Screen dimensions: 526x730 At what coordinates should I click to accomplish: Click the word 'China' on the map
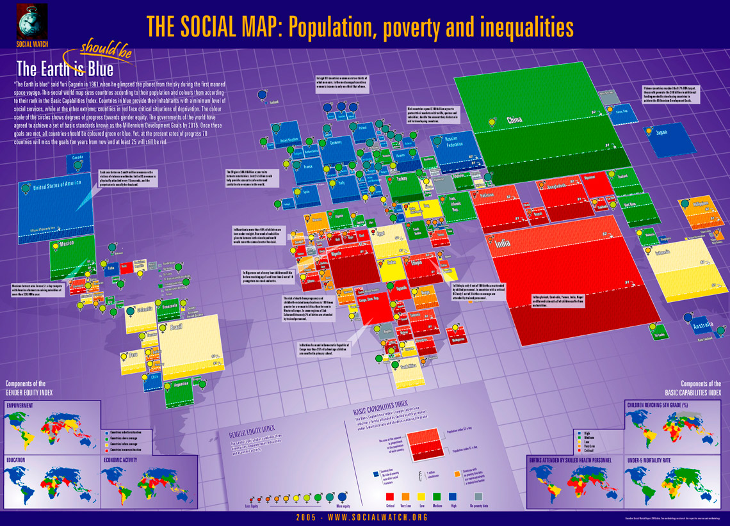point(514,120)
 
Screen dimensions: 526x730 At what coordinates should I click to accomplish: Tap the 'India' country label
point(504,243)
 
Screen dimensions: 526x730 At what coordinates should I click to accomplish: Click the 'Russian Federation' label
point(457,141)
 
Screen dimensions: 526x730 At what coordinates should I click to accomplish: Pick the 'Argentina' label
point(181,384)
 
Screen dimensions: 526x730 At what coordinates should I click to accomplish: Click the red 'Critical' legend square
point(389,495)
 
